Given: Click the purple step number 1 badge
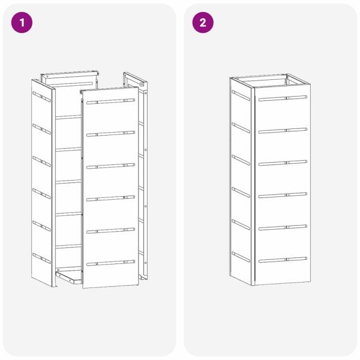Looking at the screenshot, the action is click(x=22, y=23).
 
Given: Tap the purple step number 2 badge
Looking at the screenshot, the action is click(x=203, y=23).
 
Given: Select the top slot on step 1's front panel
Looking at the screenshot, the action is click(x=110, y=101).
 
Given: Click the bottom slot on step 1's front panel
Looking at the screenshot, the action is click(x=110, y=263).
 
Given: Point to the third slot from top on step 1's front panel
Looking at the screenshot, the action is click(x=110, y=166).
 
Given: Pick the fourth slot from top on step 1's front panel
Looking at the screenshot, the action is click(x=110, y=199).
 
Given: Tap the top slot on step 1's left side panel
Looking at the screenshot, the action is click(x=41, y=97).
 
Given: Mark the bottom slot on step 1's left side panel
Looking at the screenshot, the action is click(x=41, y=258).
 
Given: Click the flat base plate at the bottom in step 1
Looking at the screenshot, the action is click(x=69, y=277).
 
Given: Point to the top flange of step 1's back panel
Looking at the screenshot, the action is click(x=70, y=74).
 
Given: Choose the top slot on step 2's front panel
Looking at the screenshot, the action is click(x=283, y=98).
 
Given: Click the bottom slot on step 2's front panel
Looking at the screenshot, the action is click(x=283, y=260).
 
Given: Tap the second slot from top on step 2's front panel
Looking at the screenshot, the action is click(x=283, y=130).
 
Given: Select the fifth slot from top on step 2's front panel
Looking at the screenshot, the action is click(x=283, y=227).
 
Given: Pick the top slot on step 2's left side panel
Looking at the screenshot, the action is click(x=241, y=95).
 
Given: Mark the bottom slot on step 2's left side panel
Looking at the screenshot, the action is click(x=241, y=257).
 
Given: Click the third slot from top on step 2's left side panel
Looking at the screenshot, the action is click(x=241, y=160).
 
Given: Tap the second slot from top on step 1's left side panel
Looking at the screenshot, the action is click(x=41, y=129).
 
